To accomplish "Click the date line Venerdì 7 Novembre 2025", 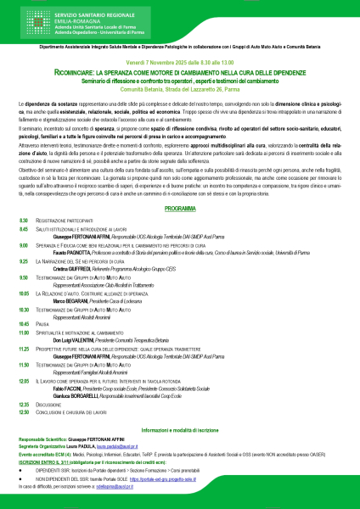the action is (179, 63).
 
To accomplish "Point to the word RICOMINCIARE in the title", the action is (90, 72).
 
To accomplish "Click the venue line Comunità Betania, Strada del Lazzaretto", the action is (179, 87).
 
